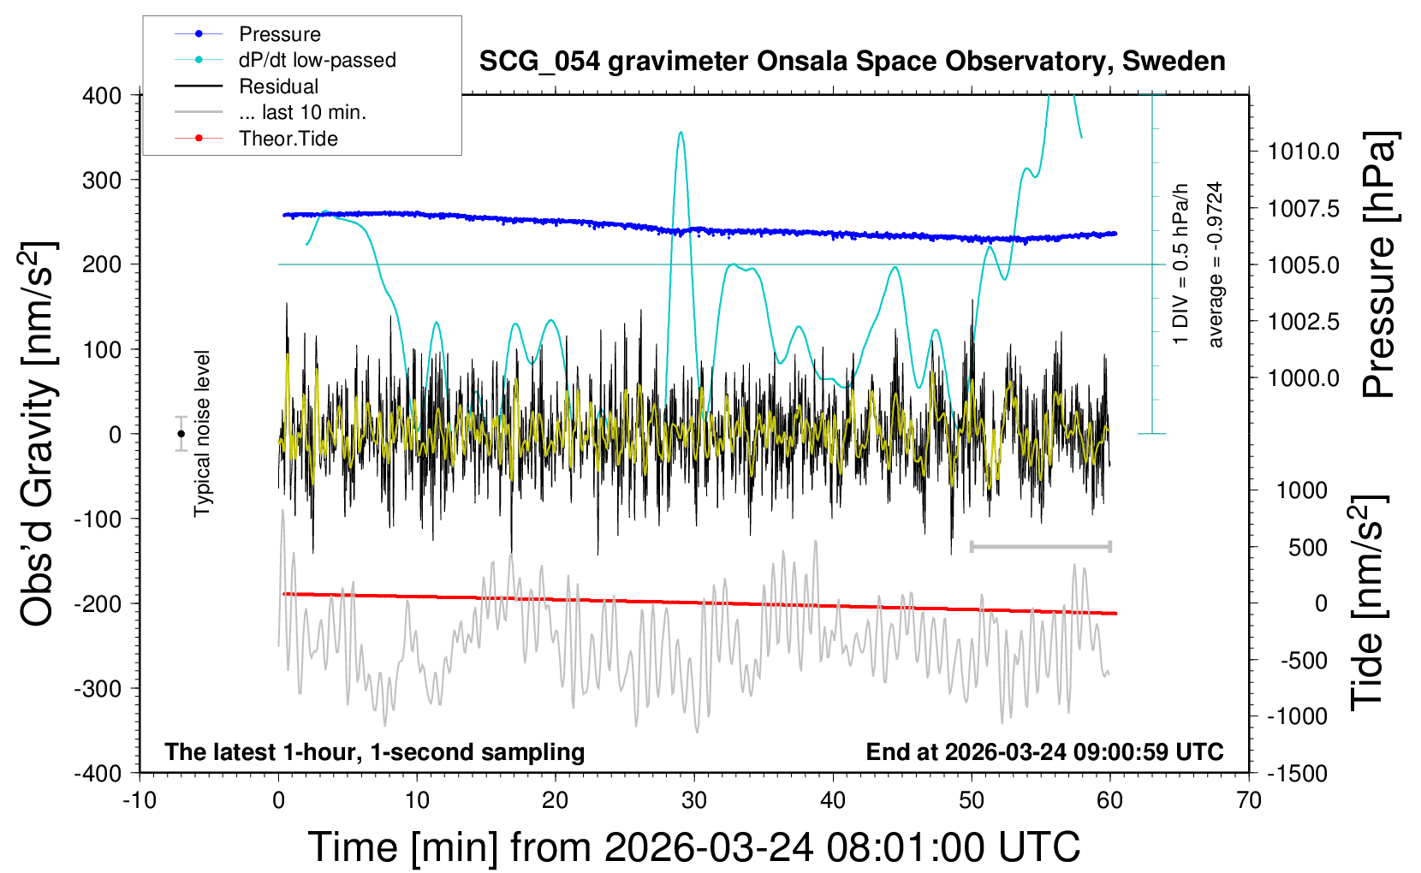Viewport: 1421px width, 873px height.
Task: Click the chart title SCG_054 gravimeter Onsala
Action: [852, 62]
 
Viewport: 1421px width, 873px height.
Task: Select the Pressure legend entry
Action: [279, 34]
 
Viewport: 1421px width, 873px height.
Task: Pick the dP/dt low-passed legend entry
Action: [317, 60]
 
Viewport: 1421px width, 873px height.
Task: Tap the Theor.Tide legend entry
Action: [288, 139]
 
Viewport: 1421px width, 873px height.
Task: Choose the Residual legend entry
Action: [278, 86]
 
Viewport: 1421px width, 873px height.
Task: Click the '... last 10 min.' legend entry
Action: [302, 112]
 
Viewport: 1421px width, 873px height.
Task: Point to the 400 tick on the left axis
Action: [102, 95]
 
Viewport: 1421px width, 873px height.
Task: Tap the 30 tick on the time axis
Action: [694, 800]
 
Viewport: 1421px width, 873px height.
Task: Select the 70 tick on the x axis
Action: [1249, 800]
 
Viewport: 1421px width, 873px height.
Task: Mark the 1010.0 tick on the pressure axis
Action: [1303, 151]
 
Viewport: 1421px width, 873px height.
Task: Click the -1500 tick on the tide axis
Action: [1296, 773]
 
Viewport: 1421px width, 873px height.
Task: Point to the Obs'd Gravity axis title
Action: [38, 434]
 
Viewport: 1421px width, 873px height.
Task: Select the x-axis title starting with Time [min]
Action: [694, 847]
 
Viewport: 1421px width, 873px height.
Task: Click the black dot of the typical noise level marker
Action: [181, 434]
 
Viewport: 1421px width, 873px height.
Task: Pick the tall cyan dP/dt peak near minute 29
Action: [681, 134]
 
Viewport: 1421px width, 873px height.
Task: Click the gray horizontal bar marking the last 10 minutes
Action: [1040, 546]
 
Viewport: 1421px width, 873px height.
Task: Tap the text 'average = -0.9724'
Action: [1215, 264]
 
